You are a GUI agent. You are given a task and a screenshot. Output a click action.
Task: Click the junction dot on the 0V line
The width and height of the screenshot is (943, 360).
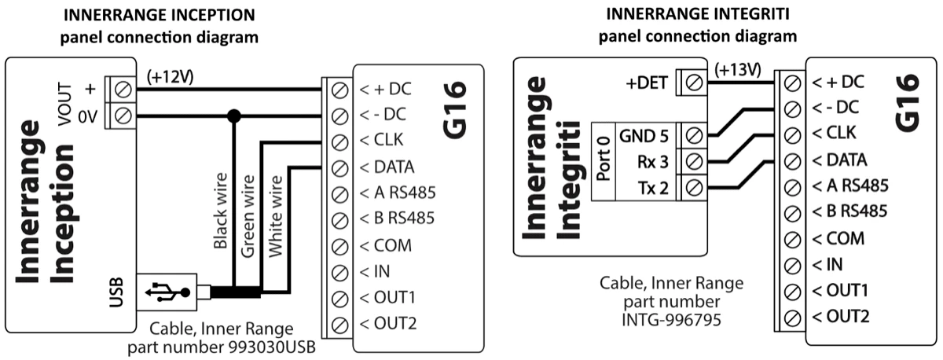pyautogui.click(x=233, y=116)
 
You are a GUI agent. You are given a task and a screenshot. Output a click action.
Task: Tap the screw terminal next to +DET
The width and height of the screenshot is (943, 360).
pyautogui.click(x=694, y=81)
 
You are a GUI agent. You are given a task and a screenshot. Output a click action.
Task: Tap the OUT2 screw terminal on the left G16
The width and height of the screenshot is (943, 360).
pyautogui.click(x=339, y=324)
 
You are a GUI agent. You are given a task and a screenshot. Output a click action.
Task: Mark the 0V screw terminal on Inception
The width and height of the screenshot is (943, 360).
pyautogui.click(x=123, y=116)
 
